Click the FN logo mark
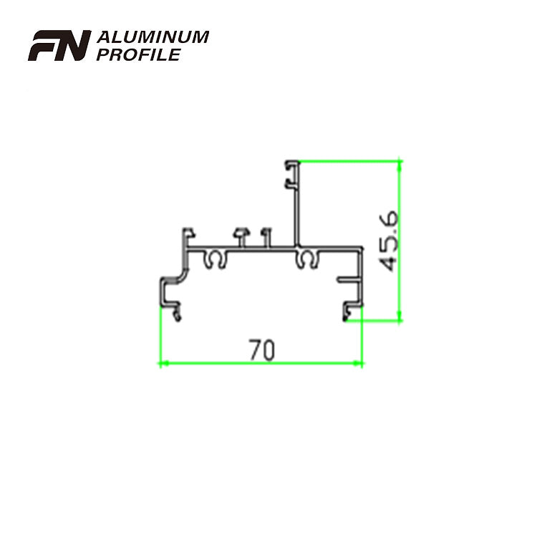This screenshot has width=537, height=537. (x=59, y=46)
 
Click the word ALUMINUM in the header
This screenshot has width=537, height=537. (x=152, y=37)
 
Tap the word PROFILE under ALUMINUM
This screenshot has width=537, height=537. (x=136, y=54)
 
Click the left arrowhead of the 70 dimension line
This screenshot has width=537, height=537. (x=162, y=364)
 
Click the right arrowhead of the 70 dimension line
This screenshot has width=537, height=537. (x=359, y=364)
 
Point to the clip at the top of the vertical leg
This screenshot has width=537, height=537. (x=291, y=166)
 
